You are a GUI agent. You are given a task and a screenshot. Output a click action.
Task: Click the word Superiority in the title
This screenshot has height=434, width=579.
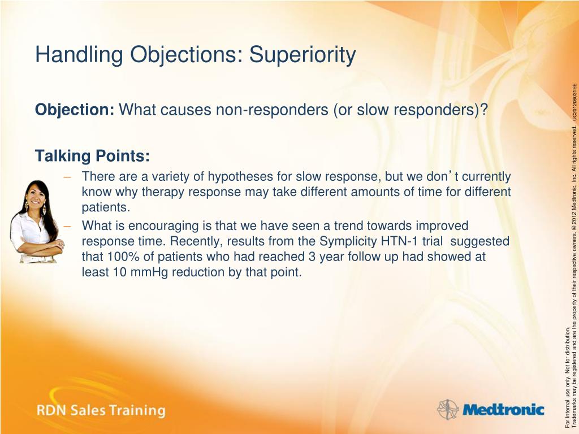[303, 55]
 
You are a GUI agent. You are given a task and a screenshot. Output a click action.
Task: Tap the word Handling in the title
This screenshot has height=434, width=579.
[79, 55]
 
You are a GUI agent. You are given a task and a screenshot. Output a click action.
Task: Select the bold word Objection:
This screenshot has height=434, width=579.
[75, 110]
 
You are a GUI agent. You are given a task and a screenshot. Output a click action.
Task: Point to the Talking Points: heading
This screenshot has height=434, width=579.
[92, 156]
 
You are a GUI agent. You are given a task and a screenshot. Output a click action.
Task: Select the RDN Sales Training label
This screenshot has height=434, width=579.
[101, 410]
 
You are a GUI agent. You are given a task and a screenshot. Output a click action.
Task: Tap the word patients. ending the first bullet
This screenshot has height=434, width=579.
[106, 208]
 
